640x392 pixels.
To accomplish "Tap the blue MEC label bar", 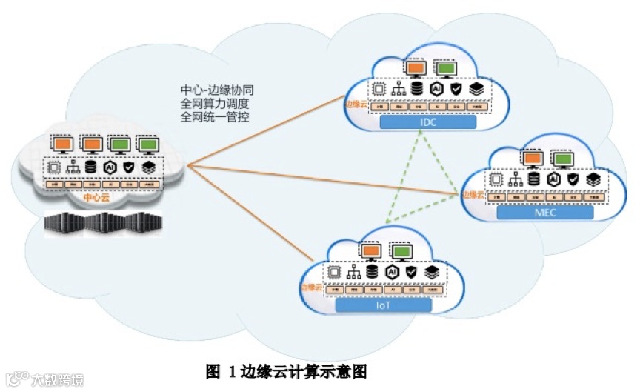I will tap(545, 213).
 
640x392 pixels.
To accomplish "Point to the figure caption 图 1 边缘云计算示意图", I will tap(287, 370).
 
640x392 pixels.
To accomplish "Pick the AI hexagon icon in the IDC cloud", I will tap(437, 88).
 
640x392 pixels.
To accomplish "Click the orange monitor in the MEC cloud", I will tap(531, 158).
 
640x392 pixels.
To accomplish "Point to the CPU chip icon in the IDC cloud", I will tap(379, 89).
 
